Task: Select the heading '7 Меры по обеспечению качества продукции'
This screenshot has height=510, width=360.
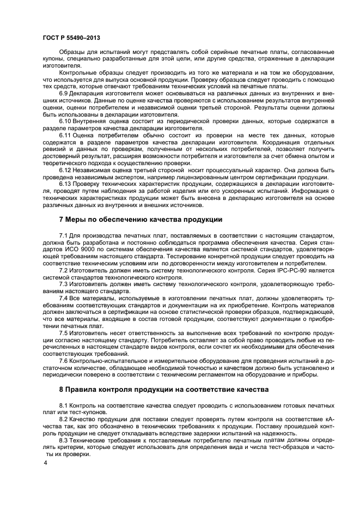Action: coord(141,220)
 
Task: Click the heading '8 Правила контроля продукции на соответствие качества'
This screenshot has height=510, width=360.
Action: coord(164,390)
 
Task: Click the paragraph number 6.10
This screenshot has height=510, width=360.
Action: coord(65,122)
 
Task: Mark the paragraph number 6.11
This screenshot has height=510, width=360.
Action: coord(65,136)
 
